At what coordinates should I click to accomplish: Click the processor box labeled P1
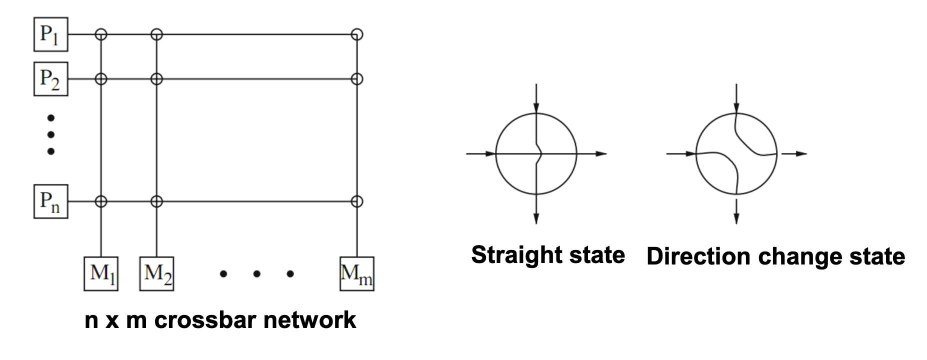50,34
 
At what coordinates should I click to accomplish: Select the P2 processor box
50,79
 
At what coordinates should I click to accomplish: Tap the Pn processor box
50,201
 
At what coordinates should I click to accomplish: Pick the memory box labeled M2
157,274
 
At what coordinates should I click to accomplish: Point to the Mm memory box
356,274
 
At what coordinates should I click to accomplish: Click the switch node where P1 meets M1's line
101,34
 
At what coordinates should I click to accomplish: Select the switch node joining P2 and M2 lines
156,79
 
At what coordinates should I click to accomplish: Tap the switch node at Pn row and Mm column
356,201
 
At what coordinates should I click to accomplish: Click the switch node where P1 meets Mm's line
356,34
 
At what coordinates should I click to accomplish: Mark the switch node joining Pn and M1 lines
101,201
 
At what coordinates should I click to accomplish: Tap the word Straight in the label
514,255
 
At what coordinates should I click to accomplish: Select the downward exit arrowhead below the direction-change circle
736,218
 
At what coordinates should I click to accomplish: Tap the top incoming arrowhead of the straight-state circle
536,107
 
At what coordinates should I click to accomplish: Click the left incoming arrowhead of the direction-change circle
690,153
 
